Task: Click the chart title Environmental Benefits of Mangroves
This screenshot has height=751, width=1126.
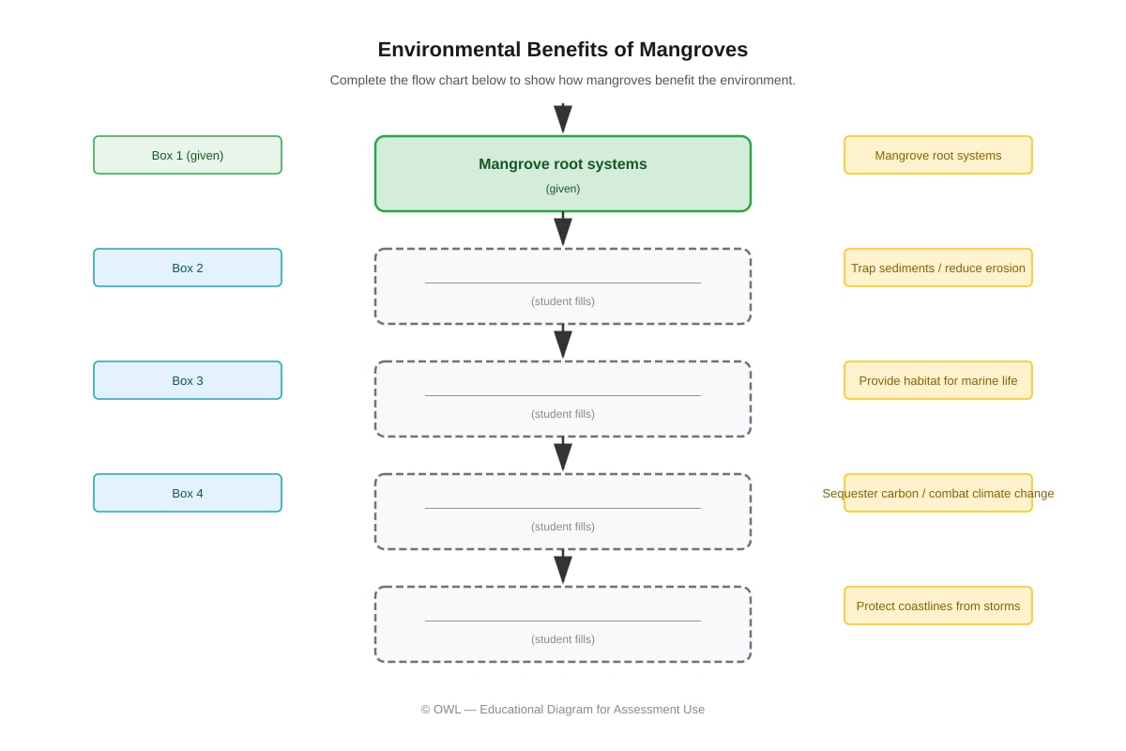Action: click(562, 50)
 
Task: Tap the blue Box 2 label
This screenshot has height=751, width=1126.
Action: click(188, 268)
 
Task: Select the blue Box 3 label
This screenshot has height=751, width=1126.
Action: click(188, 380)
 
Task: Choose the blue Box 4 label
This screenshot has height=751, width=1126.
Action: click(188, 493)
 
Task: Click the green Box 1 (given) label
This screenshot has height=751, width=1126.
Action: click(188, 155)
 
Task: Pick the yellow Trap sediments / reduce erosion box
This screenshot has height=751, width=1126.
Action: click(938, 268)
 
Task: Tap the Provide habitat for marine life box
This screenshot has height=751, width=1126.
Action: click(938, 380)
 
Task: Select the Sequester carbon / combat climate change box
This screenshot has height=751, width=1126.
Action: click(938, 493)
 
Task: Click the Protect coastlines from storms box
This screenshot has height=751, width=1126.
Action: click(938, 605)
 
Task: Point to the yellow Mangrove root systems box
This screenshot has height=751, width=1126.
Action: click(938, 155)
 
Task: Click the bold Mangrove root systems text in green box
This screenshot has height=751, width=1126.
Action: click(562, 164)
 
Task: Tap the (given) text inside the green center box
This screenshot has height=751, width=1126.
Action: click(562, 189)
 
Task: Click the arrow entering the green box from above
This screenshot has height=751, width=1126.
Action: click(563, 118)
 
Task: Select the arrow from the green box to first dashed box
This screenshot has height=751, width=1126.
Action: click(563, 229)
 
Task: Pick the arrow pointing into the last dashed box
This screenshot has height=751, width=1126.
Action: click(563, 567)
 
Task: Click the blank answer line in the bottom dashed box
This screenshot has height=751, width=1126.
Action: click(562, 621)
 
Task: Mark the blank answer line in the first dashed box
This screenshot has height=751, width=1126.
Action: click(562, 283)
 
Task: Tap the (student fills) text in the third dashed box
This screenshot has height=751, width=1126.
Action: click(562, 527)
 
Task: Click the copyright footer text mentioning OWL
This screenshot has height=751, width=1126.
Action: click(562, 710)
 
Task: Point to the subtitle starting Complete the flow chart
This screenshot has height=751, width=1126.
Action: click(562, 81)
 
